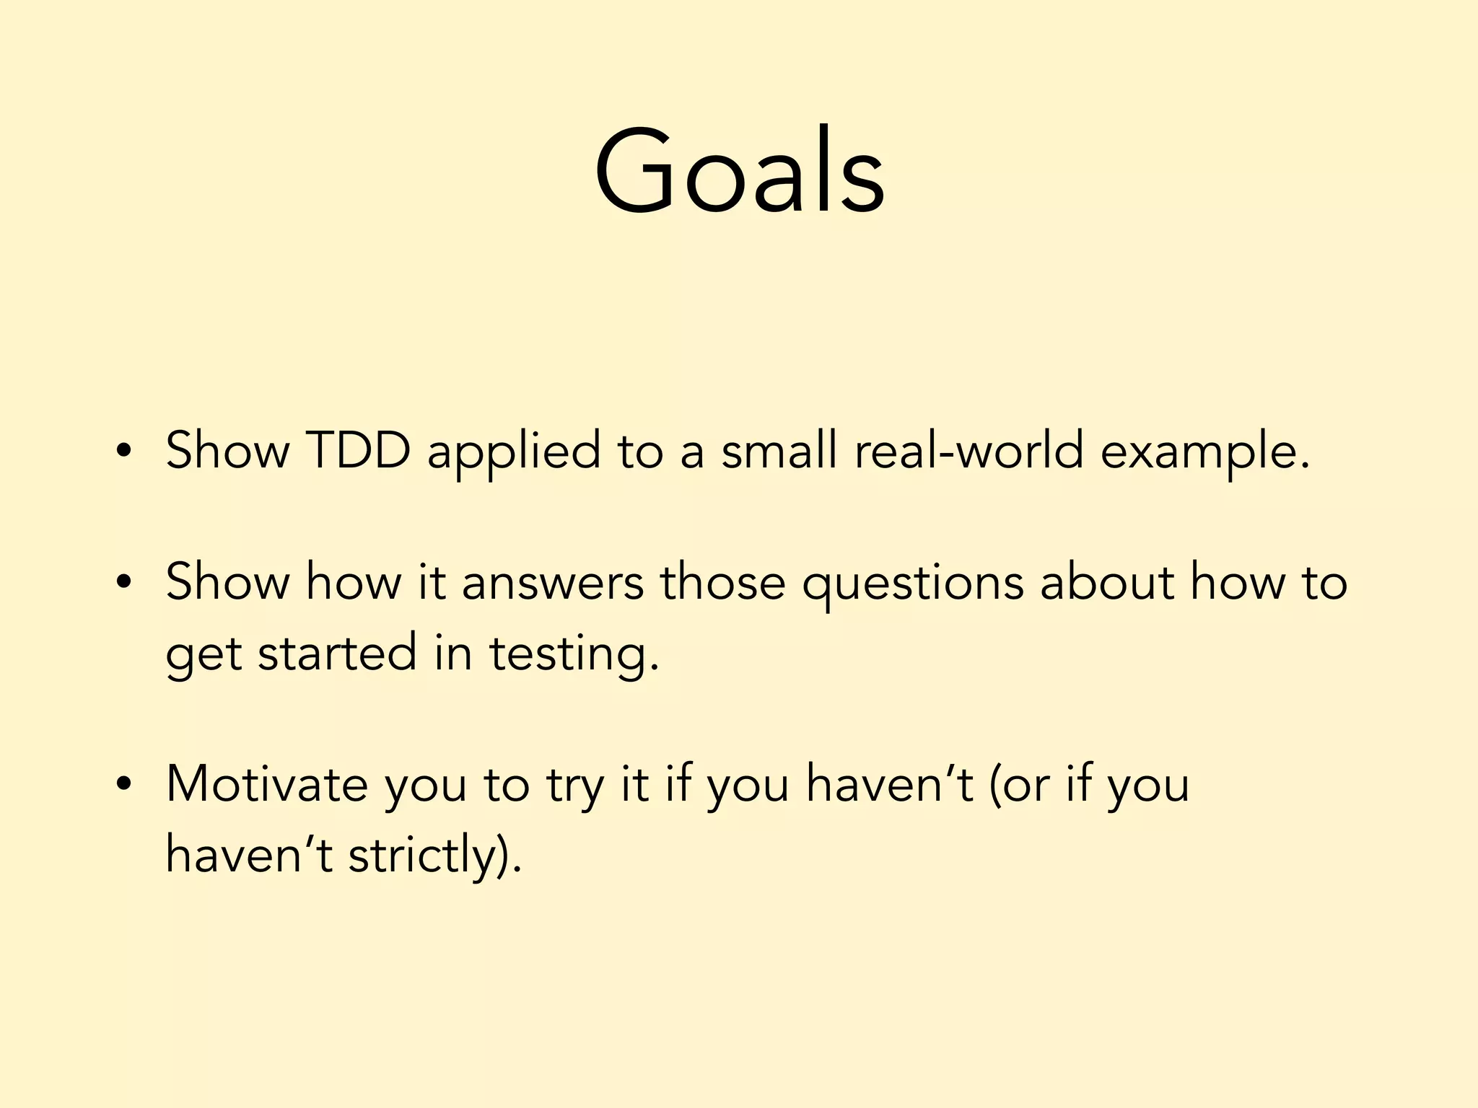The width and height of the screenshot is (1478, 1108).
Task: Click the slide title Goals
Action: [739, 172]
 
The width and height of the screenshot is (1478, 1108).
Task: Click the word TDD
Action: [358, 451]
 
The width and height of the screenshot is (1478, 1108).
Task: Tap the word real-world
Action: [968, 451]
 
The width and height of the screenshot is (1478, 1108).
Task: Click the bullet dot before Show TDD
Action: [124, 452]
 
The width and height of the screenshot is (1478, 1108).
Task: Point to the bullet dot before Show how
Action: [124, 583]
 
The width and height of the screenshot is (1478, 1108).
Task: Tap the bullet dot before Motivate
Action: [124, 784]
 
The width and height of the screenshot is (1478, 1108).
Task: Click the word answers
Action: [552, 583]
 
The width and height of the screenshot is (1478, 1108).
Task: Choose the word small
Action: [779, 451]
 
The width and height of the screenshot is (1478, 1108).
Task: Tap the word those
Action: [722, 583]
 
